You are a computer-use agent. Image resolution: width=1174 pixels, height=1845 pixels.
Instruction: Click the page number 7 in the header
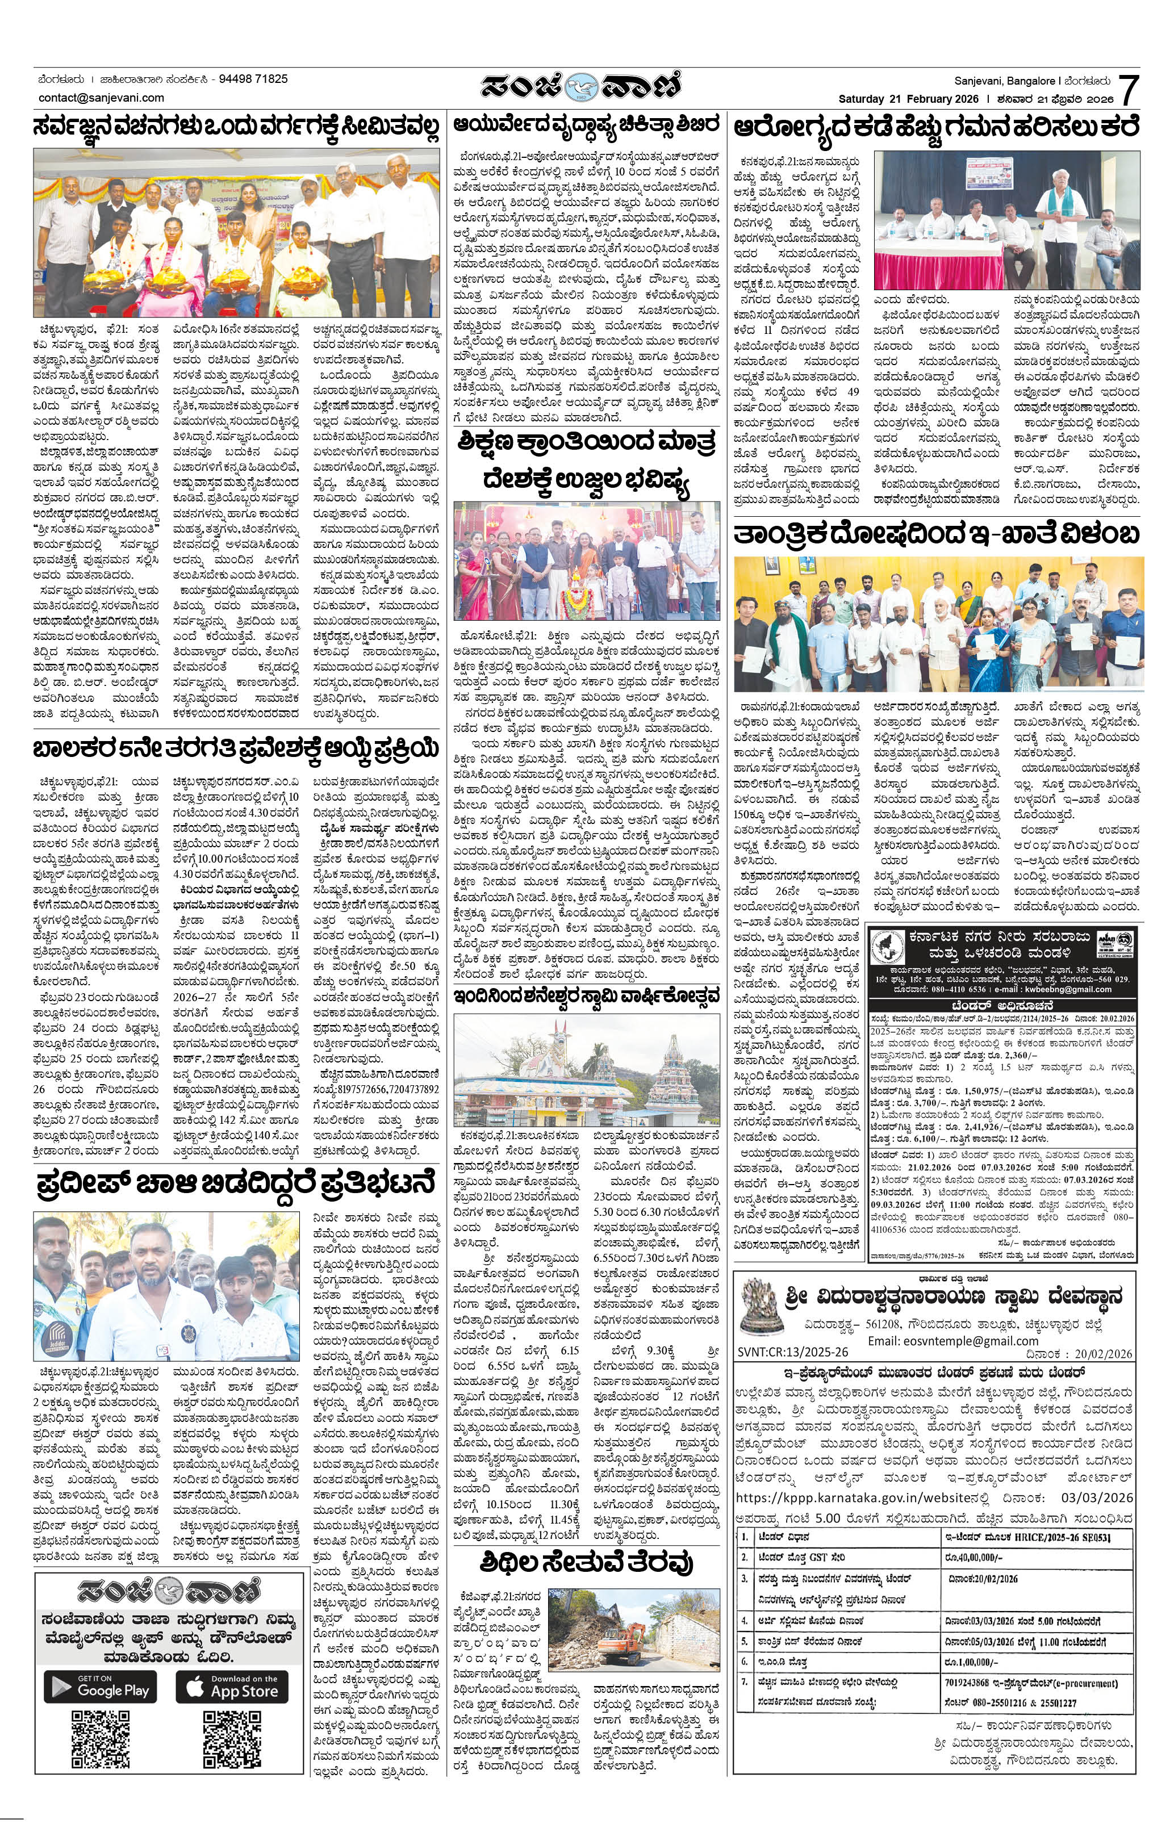(1129, 90)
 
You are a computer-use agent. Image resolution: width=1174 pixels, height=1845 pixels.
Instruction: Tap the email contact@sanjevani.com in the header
(101, 97)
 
